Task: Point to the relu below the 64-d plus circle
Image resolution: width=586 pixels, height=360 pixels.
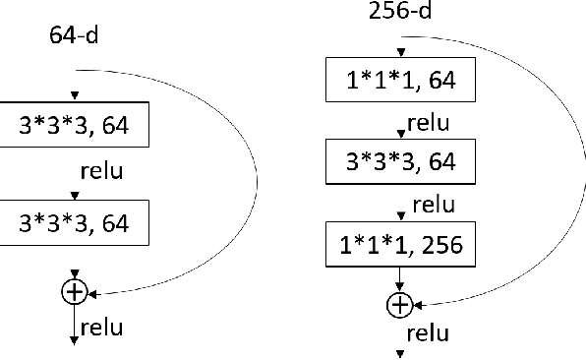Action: tap(102, 327)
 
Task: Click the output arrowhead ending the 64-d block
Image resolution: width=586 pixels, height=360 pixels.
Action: tap(75, 341)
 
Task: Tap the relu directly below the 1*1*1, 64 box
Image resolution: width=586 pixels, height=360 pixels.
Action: tap(431, 123)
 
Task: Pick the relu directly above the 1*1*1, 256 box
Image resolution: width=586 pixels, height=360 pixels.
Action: tap(433, 206)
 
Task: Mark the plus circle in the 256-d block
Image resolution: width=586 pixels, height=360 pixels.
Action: tap(399, 306)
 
